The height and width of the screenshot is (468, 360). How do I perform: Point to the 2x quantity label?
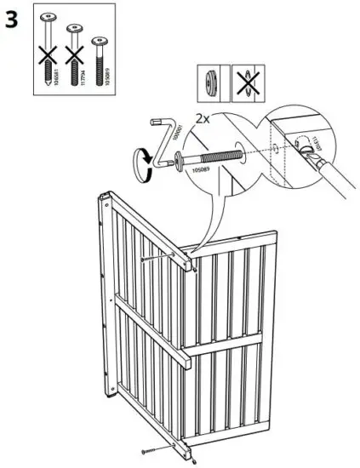[203, 120]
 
